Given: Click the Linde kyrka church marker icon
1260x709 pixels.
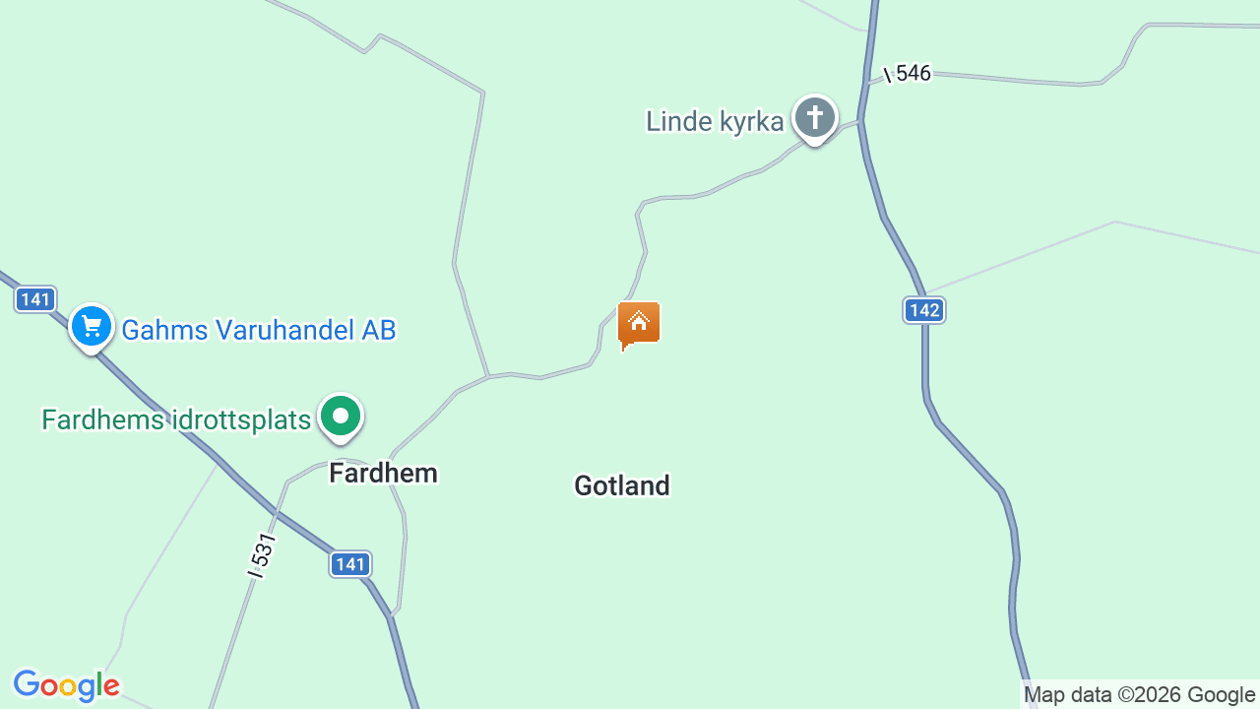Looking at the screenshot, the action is click(814, 118).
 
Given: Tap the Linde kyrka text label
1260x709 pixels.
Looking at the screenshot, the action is click(715, 121).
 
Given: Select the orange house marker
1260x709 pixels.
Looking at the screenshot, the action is click(639, 323).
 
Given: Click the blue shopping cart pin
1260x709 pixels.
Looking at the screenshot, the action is click(92, 326).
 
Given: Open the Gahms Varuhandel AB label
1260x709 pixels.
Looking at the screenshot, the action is click(258, 330).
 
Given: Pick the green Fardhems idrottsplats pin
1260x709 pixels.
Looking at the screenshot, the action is click(341, 417).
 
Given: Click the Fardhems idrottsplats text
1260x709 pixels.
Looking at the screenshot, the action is click(176, 420).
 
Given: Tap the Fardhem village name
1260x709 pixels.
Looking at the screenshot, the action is click(383, 474).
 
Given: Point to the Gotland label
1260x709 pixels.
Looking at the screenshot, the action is click(622, 485).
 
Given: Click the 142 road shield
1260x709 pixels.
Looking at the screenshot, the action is click(924, 311).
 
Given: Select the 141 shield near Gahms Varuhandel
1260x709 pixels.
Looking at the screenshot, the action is click(35, 299).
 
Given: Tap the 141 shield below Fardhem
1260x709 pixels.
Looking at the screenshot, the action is click(349, 564).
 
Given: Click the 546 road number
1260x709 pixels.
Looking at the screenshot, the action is click(913, 74).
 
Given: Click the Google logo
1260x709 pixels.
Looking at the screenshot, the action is click(67, 685).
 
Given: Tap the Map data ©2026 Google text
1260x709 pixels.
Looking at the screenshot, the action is click(1140, 694).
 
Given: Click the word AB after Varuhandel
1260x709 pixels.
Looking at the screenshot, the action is click(378, 330).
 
